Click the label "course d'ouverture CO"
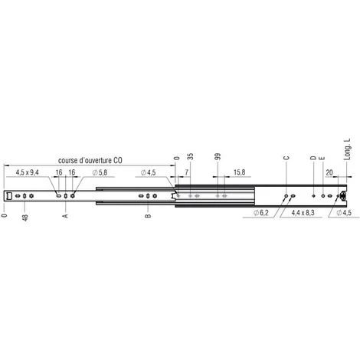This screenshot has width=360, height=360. (x=90, y=160)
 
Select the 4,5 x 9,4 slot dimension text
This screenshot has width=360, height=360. (x=28, y=172)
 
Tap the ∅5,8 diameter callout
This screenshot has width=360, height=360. (x=100, y=172)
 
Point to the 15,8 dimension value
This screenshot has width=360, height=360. (x=239, y=172)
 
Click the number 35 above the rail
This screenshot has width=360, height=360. (x=191, y=157)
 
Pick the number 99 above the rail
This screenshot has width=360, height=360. (x=218, y=157)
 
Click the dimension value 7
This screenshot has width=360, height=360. (x=187, y=172)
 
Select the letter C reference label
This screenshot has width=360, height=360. (x=286, y=158)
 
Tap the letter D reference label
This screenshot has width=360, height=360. (x=313, y=158)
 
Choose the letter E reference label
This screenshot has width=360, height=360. (x=322, y=158)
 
